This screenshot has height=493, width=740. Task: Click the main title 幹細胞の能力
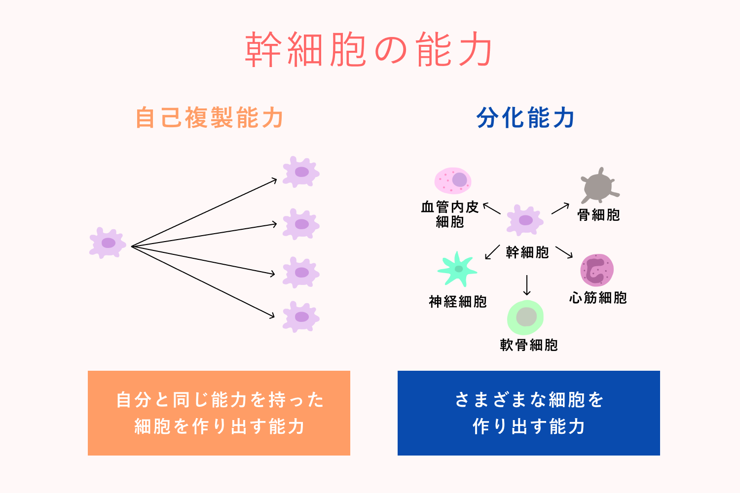pos(369,50)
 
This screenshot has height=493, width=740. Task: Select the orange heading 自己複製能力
pos(209,118)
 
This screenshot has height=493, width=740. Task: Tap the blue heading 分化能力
pos(526,118)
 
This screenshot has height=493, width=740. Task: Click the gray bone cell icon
pos(598,186)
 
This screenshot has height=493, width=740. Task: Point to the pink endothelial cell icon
pos(453,180)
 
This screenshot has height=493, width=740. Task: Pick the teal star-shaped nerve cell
pos(457,269)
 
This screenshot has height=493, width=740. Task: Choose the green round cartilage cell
pos(526,317)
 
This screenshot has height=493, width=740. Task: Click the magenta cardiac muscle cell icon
pos(597,270)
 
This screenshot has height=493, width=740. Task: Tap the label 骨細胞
pos(598,215)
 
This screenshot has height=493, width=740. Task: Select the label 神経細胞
pos(458,301)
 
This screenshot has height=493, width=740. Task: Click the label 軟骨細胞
pos(529,345)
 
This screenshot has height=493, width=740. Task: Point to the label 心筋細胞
pos(598,297)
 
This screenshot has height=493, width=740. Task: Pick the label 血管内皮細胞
pos(450,214)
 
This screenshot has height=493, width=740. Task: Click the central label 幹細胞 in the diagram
pos(527,252)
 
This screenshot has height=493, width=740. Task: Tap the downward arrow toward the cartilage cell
pos(527,285)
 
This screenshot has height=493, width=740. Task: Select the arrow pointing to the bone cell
pos(560,209)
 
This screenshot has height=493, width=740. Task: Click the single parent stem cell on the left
pos(108,243)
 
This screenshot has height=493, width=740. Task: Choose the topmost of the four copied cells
pos(301,172)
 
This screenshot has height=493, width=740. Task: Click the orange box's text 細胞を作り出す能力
pos(219,426)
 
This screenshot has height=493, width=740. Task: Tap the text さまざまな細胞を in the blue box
pos(529,399)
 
